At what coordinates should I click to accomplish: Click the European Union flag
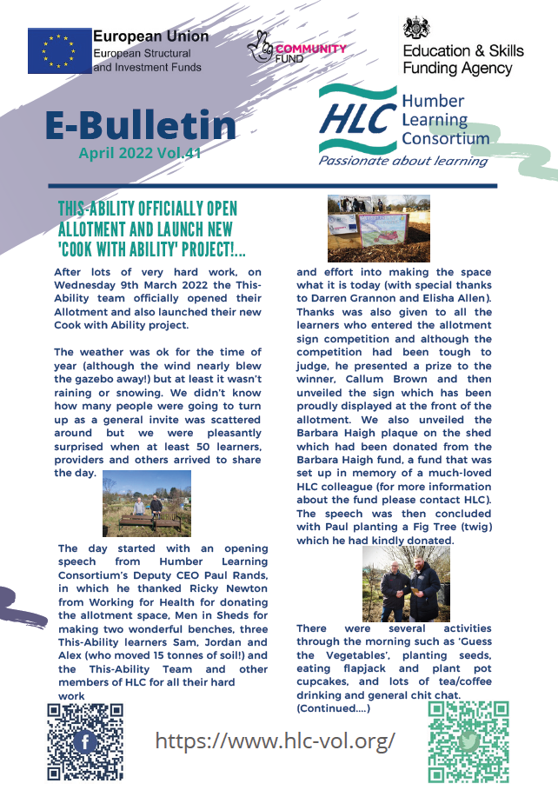[x=58, y=50]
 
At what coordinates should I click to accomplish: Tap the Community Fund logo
[x=296, y=49]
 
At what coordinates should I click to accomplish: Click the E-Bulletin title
[x=141, y=126]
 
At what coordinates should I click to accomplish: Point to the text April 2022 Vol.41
[x=140, y=153]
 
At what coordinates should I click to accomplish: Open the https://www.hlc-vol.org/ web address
[x=275, y=740]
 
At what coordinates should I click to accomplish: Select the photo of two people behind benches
[x=147, y=503]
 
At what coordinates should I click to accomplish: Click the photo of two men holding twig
[x=406, y=582]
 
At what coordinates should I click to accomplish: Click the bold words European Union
[x=150, y=37]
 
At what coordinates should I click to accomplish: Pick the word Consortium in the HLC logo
[x=445, y=138]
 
